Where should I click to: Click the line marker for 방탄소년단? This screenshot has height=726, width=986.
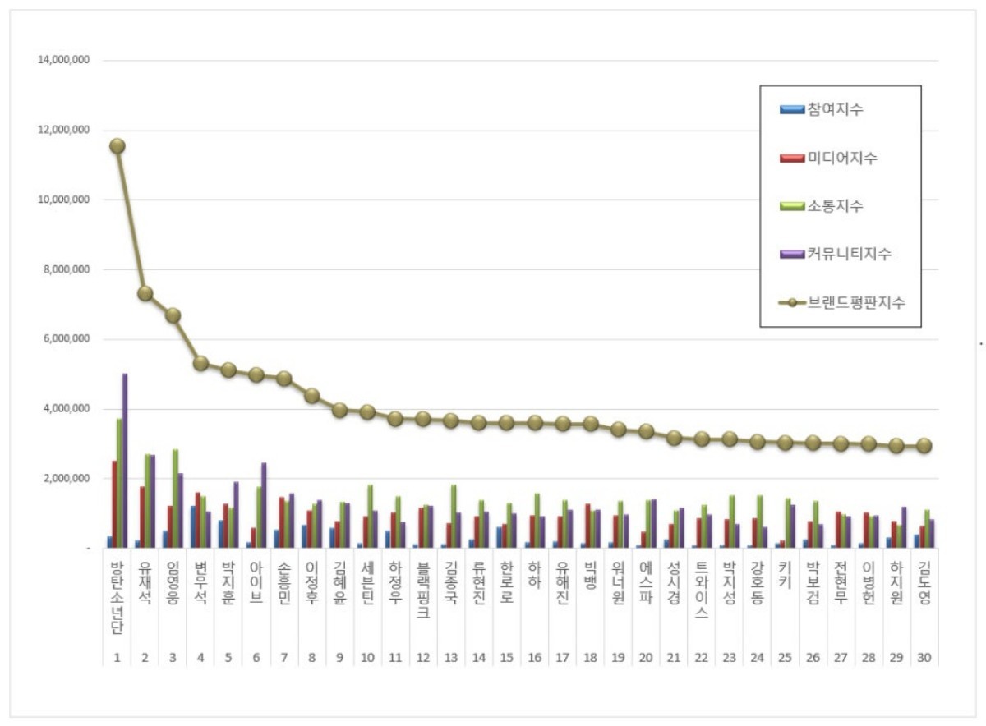(117, 145)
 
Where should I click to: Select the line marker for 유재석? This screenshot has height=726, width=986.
(145, 293)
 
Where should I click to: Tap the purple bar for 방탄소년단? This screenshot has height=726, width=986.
(125, 460)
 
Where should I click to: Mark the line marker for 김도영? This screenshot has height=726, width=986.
(924, 445)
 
